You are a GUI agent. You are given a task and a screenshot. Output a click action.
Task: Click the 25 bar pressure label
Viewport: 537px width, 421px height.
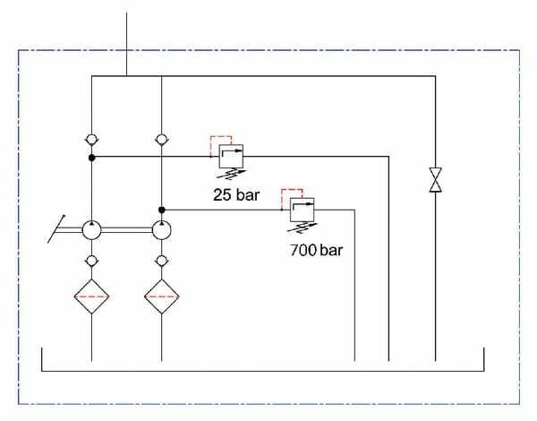[x=235, y=194]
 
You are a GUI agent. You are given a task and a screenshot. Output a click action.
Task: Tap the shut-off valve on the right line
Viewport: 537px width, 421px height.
[x=435, y=178]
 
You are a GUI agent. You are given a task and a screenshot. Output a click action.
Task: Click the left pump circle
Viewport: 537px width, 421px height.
[x=92, y=230]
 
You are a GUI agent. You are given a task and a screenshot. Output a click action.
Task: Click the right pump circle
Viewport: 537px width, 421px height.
[x=161, y=230]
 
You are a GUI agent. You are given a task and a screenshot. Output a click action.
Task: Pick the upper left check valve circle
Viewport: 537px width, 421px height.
[x=92, y=139]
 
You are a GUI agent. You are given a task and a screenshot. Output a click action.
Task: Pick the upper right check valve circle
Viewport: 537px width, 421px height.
[x=161, y=139]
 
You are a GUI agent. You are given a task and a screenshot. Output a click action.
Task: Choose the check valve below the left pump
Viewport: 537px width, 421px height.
[x=92, y=261]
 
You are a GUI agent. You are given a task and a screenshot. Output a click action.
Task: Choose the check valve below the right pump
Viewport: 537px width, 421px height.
[x=161, y=261]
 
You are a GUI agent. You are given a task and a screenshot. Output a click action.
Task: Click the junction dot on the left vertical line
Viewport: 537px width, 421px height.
[x=92, y=158]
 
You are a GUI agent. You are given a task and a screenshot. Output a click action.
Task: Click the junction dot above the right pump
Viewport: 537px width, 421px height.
[x=161, y=210]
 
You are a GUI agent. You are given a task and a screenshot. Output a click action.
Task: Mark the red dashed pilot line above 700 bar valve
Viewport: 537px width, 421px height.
[x=291, y=193]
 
